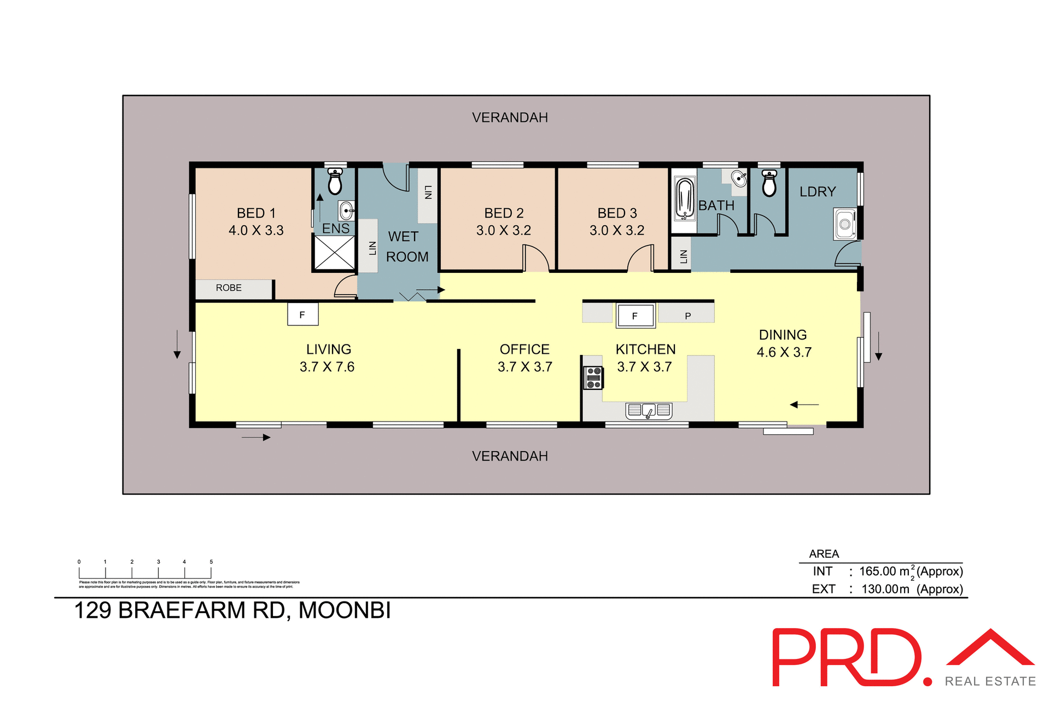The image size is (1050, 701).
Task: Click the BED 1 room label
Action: coord(256,213)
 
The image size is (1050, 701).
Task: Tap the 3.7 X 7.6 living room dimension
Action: coord(327,367)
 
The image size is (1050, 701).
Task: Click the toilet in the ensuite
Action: coord(335,182)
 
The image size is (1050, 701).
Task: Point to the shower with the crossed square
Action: coord(335,252)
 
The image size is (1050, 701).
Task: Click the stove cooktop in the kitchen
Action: coord(593,378)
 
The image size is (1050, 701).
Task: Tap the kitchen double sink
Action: coord(649,410)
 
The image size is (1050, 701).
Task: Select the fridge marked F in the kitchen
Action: coord(635,316)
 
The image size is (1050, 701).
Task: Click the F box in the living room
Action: coord(302,314)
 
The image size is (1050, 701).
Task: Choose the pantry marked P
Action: coord(687,316)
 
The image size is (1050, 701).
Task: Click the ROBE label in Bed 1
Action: coord(229,288)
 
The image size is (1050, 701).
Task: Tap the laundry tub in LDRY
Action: coord(845,224)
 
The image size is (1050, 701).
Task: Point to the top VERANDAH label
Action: coord(510,118)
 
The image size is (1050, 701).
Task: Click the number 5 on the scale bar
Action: coord(211,562)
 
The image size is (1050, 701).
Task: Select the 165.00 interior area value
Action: coord(877,571)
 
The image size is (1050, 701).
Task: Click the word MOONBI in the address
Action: coord(345,611)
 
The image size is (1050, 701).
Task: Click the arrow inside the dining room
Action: coord(804,405)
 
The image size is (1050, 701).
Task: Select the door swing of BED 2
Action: coord(536,258)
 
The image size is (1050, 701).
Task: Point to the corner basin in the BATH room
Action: coord(739,178)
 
